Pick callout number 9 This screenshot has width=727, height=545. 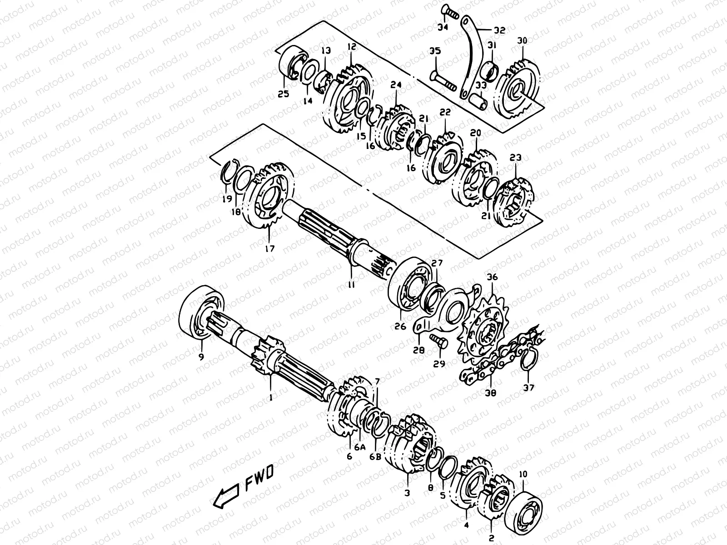coord(201,357)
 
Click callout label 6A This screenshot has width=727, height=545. coord(360,447)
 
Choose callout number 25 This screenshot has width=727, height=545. coord(284,94)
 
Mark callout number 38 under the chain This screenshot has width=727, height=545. coord(491,392)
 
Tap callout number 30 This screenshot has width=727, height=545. coord(522,41)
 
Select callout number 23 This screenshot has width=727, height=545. coord(515,158)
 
